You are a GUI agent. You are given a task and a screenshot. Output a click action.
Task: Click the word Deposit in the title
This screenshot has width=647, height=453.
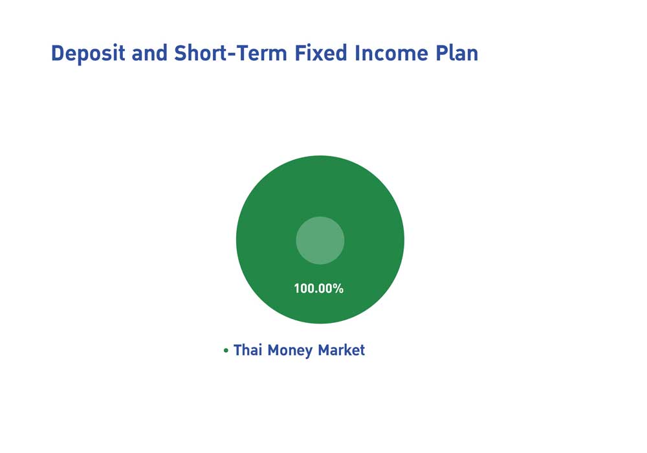87,54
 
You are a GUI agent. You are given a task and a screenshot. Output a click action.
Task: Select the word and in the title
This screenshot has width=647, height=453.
149,53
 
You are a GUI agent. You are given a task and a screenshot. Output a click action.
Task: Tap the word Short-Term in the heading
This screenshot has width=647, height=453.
230,53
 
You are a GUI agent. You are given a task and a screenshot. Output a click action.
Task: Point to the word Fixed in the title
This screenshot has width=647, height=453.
321,53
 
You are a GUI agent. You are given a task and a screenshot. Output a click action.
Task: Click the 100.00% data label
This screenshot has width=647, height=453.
318,289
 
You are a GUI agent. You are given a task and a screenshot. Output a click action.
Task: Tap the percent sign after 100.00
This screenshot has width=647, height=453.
338,289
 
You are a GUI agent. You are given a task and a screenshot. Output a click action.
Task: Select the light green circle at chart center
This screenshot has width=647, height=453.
320,240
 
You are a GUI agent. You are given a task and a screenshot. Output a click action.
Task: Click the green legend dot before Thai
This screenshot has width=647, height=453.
226,351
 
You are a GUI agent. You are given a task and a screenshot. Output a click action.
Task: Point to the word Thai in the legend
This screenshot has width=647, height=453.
248,350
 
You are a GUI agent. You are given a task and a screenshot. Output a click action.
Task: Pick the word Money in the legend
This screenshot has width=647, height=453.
290,351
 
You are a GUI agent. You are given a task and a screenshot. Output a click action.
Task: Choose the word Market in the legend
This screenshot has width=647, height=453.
341,350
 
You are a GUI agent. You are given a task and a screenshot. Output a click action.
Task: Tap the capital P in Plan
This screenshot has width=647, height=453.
442,53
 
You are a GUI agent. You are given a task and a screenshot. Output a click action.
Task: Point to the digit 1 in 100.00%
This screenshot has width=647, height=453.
297,289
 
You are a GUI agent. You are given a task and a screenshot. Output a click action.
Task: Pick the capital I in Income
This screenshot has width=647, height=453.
357,53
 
